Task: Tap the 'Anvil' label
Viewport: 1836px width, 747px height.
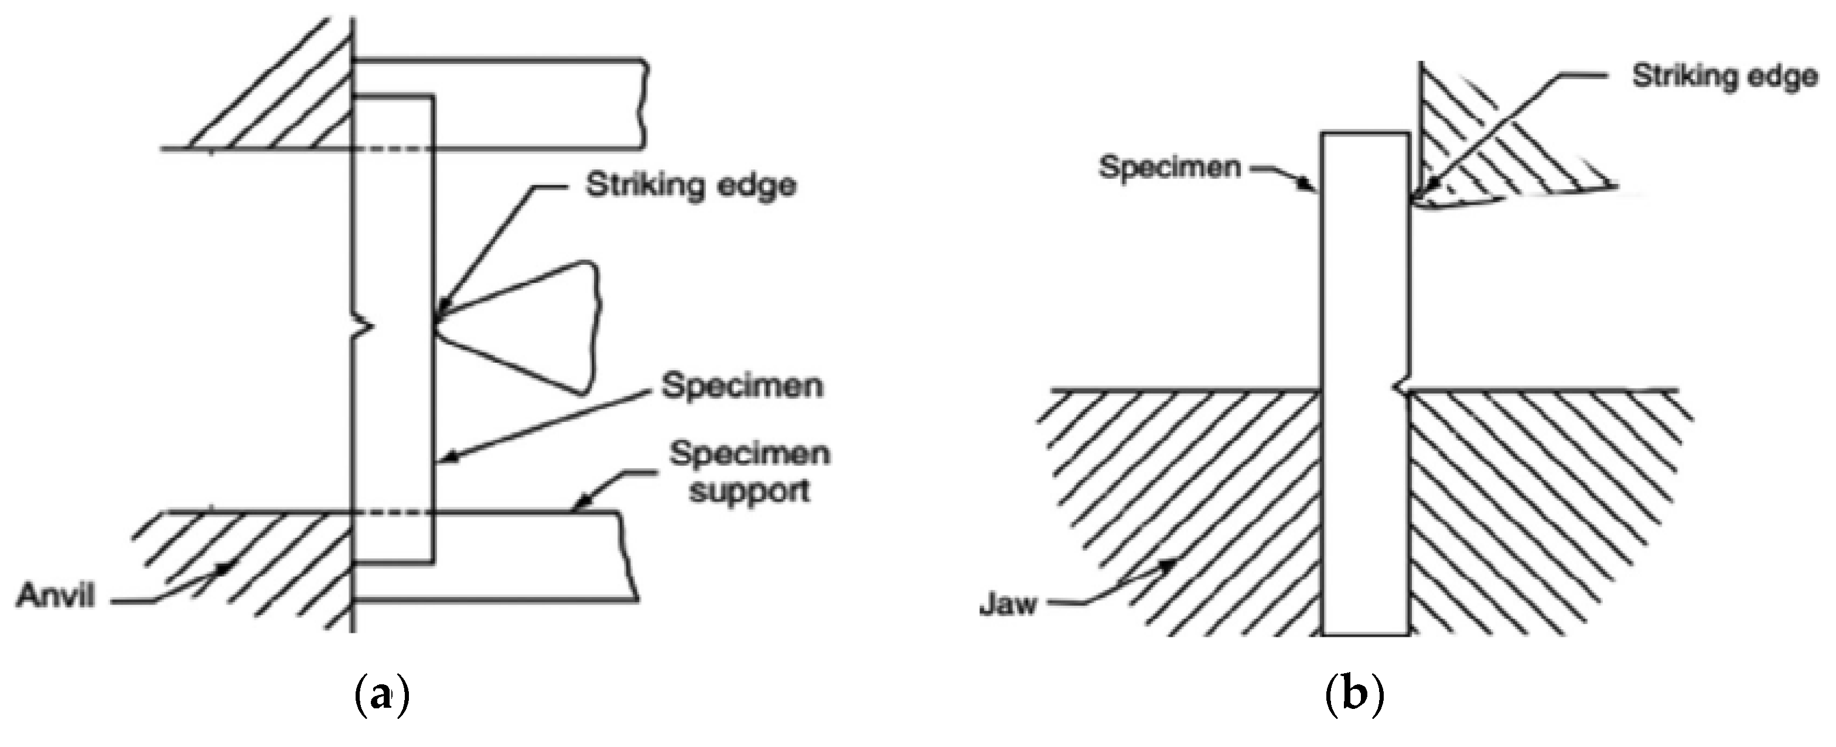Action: pyautogui.click(x=56, y=595)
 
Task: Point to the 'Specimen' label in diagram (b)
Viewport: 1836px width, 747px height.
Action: pyautogui.click(x=1169, y=168)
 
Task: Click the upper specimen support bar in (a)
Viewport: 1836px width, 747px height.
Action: pyautogui.click(x=534, y=103)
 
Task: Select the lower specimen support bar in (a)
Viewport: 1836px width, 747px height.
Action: pyautogui.click(x=527, y=556)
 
